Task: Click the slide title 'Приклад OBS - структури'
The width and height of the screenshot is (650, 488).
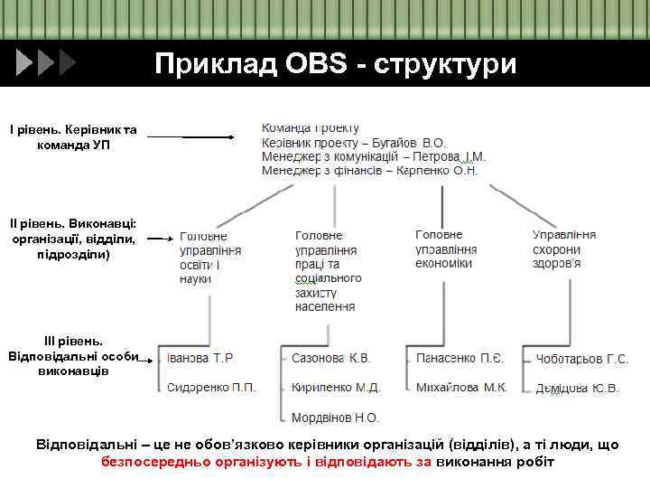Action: [x=335, y=65]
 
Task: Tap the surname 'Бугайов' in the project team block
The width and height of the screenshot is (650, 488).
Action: [x=390, y=143]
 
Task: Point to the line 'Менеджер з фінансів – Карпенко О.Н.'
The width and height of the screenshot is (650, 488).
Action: [x=369, y=170]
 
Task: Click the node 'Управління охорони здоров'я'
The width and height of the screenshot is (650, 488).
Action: [x=563, y=249]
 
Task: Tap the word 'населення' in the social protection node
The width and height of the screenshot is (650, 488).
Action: [x=325, y=307]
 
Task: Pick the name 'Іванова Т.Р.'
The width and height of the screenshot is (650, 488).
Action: [x=200, y=359]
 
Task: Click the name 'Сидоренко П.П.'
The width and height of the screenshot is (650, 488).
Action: [x=211, y=388]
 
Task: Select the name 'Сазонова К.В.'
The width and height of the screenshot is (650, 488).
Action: [x=330, y=359]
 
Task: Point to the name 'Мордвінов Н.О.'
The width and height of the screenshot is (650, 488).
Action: [x=335, y=418]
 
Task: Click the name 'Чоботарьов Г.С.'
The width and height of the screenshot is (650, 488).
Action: [x=581, y=360]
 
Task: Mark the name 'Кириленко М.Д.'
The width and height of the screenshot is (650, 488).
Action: [x=336, y=388]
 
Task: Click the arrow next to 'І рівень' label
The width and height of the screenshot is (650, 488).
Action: [x=190, y=137]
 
